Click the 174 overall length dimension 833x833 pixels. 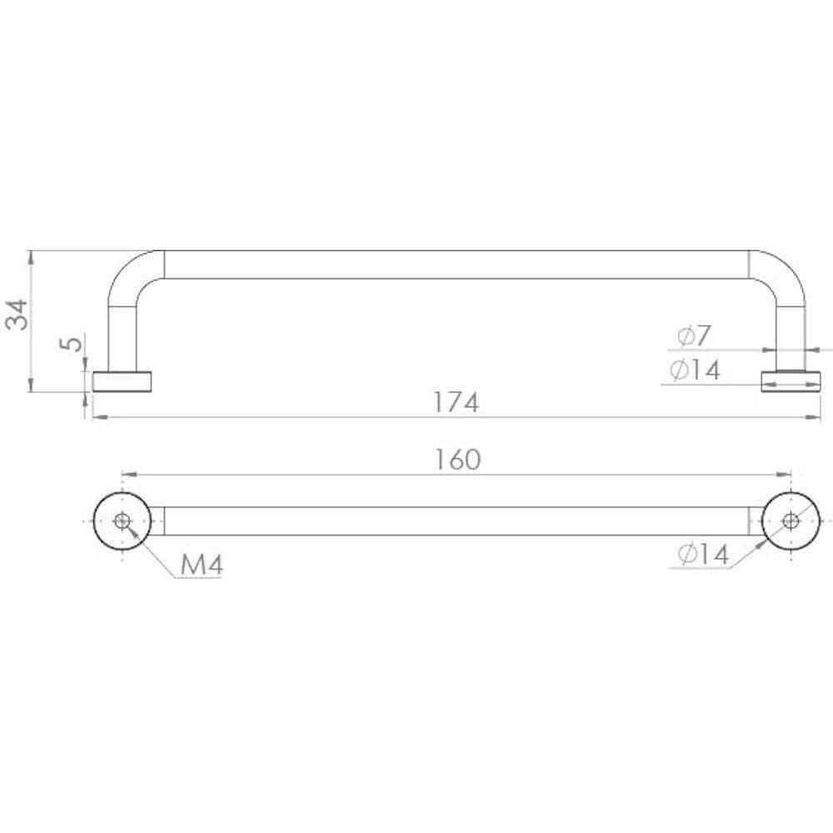pyautogui.click(x=456, y=402)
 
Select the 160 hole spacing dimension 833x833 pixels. pyautogui.click(x=457, y=459)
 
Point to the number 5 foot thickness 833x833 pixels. pyautogui.click(x=73, y=343)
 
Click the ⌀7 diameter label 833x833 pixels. pyautogui.click(x=694, y=336)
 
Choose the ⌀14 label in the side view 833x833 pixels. pyautogui.click(x=695, y=370)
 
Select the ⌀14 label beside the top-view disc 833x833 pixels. pyautogui.click(x=702, y=554)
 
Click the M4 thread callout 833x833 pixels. pyautogui.click(x=201, y=566)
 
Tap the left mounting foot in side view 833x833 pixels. pyautogui.click(x=122, y=382)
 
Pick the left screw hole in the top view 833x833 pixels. pyautogui.click(x=122, y=521)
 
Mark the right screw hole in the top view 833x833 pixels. pyautogui.click(x=791, y=521)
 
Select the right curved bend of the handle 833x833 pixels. pyautogui.click(x=781, y=275)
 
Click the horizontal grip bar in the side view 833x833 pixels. pyautogui.click(x=456, y=264)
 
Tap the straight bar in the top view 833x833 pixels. pyautogui.click(x=456, y=521)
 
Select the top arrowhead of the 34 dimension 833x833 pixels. pyautogui.click(x=31, y=255)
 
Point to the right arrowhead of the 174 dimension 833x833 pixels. pyautogui.click(x=816, y=417)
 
